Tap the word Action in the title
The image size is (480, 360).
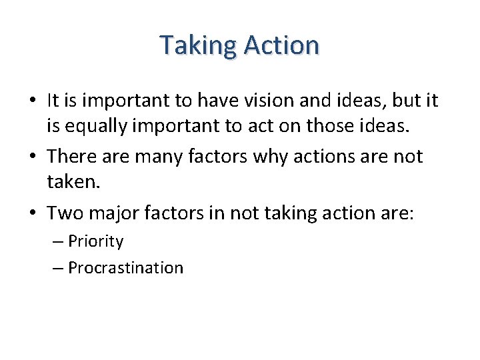pyautogui.click(x=281, y=45)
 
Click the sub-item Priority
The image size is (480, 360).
pyautogui.click(x=96, y=241)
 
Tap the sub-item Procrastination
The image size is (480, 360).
pyautogui.click(x=125, y=268)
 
